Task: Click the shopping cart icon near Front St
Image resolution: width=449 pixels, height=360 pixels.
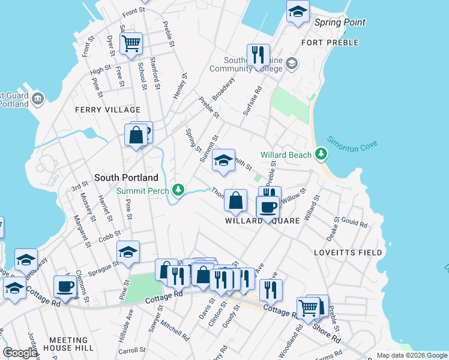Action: point(131,44)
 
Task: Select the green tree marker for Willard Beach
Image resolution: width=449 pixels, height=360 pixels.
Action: point(322,155)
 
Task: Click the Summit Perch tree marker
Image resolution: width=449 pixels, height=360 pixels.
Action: point(178,191)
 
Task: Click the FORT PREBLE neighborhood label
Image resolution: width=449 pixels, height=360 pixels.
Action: point(330,43)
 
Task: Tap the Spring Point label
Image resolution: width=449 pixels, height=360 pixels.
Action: point(340,23)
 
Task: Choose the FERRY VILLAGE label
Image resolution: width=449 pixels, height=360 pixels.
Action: point(107,110)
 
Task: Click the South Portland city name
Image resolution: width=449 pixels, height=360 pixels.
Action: point(126,178)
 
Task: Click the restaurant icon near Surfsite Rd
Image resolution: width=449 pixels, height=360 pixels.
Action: point(258,55)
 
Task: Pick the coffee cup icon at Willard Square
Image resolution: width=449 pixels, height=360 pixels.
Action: point(267,208)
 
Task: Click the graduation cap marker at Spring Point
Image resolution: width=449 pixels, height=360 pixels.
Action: point(297,11)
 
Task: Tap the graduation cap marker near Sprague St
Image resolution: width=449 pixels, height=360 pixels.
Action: point(128,253)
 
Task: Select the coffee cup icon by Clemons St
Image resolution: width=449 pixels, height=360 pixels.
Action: point(65,286)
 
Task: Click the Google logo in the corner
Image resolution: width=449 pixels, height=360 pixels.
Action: point(20,353)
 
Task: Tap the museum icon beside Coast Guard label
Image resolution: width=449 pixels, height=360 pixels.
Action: point(38,98)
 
